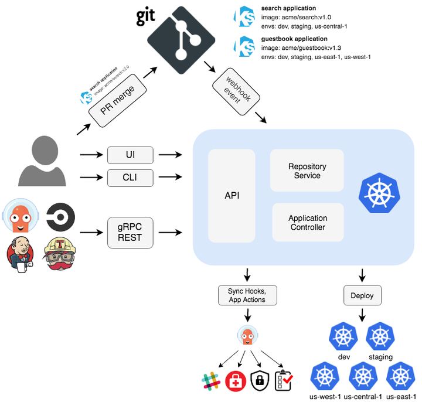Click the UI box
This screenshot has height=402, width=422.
[x=130, y=155]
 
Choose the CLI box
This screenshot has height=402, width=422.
[x=130, y=177]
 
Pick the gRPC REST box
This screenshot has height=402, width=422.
[x=130, y=233]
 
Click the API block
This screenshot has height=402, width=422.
[x=232, y=196]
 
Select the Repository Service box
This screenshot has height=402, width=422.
[x=307, y=171]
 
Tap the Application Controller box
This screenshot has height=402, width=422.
[x=307, y=223]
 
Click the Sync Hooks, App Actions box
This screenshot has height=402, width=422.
[x=247, y=295]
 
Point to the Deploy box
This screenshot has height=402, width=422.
[x=362, y=295]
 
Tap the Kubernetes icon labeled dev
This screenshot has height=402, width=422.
[x=345, y=336]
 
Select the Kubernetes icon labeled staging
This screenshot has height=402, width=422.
[x=380, y=336]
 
